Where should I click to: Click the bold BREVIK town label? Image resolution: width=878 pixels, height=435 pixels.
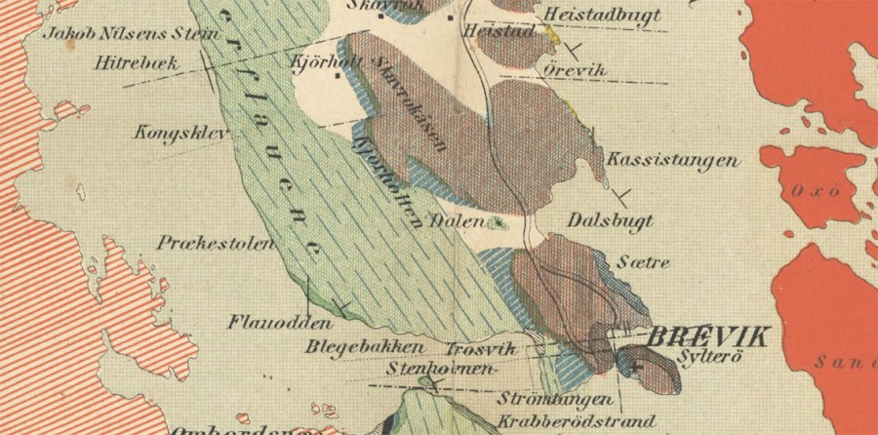click(x=708, y=337)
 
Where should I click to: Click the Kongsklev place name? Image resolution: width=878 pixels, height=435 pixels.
click(x=173, y=132)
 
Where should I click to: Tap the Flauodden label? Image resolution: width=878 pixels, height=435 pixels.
click(x=268, y=321)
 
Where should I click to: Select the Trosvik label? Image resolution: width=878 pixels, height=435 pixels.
click(x=479, y=348)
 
